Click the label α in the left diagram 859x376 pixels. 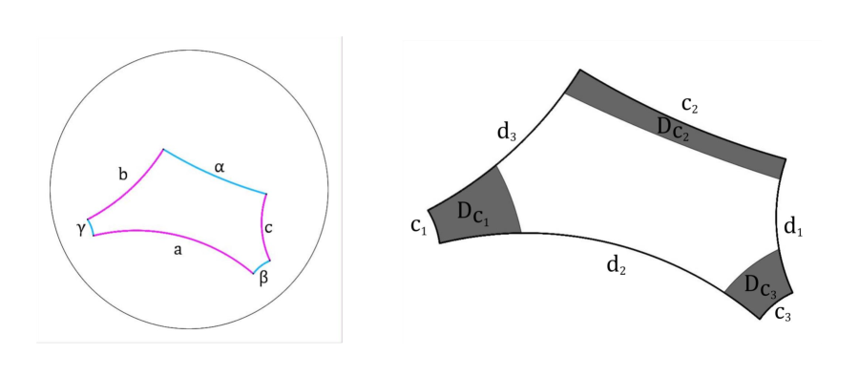click(x=219, y=167)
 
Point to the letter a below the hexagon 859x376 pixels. click(x=178, y=250)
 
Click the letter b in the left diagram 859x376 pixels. click(x=122, y=175)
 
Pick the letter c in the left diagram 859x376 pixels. click(x=269, y=227)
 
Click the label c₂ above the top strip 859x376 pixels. click(x=689, y=105)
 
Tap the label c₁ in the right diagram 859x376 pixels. click(x=418, y=225)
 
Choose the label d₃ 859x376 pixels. click(x=507, y=133)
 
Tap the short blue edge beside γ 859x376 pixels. click(x=90, y=227)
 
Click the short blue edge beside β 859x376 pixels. click(x=262, y=265)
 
